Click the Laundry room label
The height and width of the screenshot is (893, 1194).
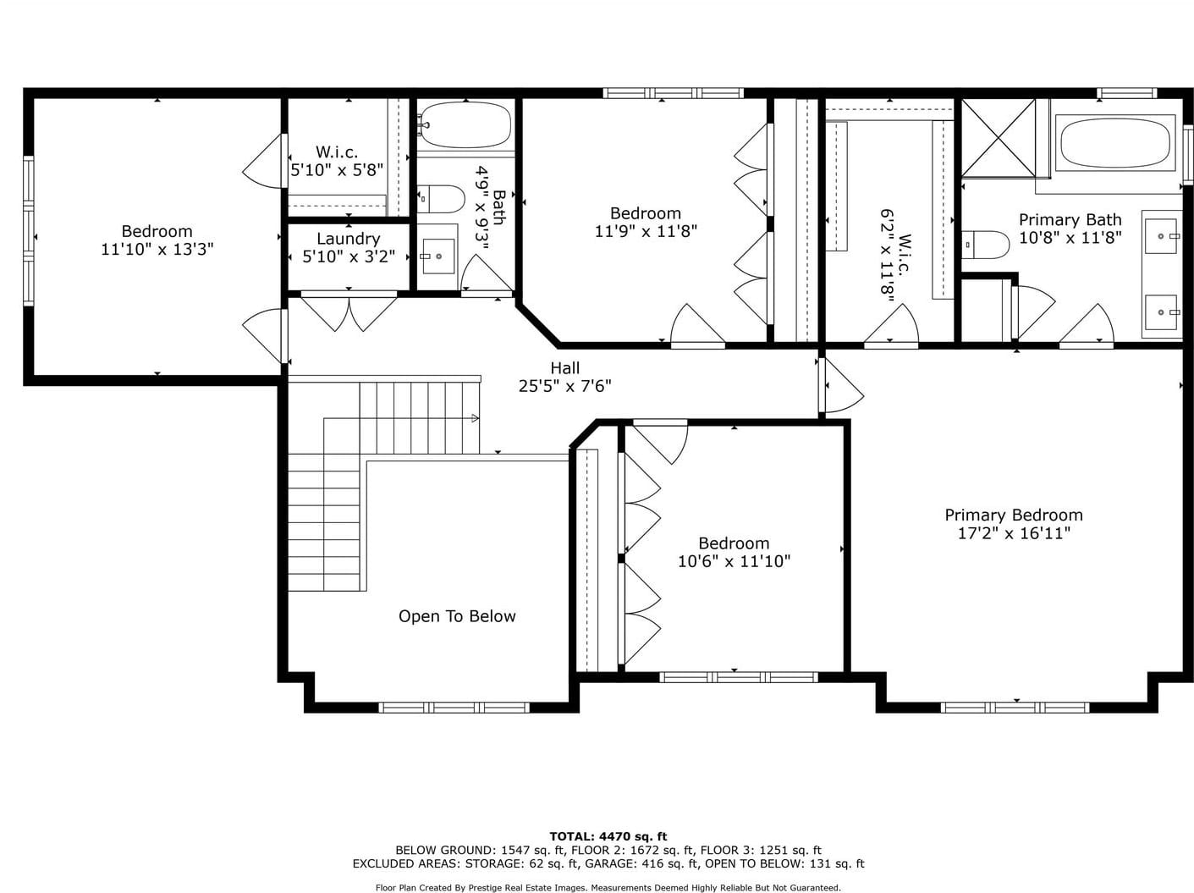348,239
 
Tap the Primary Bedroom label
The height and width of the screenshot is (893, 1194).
1014,515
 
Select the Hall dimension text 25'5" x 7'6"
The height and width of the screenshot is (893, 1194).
564,386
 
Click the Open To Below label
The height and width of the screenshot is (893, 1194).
457,616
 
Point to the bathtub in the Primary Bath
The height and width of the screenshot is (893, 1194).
1115,144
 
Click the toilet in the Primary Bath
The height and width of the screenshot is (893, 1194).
985,245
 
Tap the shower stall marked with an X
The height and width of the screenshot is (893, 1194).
999,138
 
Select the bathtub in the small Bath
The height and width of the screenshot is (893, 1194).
465,125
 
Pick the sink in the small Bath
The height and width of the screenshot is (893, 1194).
438,256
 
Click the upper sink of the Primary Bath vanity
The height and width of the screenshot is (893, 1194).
1161,236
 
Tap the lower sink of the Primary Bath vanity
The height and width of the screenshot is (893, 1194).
1161,312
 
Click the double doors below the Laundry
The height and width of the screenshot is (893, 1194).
349,311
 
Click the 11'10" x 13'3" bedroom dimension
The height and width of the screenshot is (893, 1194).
157,249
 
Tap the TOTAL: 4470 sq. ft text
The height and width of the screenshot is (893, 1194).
608,836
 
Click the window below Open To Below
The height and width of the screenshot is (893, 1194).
454,708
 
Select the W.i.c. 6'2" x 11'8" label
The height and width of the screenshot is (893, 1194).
896,252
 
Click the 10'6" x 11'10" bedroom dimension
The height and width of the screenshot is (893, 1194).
734,561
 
